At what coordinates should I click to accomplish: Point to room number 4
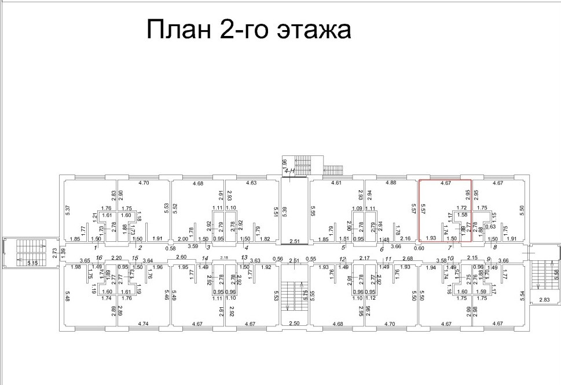point(247,247)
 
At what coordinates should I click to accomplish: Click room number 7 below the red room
point(449,247)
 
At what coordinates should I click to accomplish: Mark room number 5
point(343,247)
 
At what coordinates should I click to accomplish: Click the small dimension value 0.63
point(474,227)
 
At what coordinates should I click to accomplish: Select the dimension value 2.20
point(116,257)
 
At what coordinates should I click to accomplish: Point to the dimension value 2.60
point(181,257)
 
